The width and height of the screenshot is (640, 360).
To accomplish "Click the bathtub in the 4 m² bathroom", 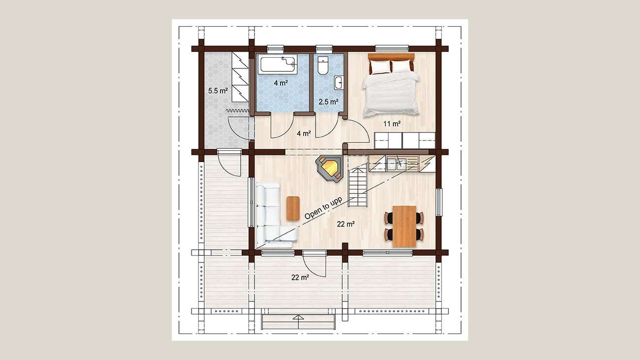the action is click(x=278, y=64).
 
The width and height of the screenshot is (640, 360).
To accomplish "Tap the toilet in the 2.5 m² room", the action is click(x=323, y=65).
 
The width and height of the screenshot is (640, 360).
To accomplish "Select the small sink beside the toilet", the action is click(x=339, y=83).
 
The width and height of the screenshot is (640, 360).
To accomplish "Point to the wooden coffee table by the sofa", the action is click(x=293, y=208).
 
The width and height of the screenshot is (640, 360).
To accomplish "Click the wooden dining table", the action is click(x=404, y=226).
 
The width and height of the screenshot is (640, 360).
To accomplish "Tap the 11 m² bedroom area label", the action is click(x=392, y=124).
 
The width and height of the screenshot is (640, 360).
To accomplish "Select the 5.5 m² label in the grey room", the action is click(x=218, y=91).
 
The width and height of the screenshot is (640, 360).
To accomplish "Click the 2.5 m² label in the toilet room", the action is click(x=328, y=102).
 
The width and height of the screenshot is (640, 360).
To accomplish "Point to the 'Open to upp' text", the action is click(x=323, y=208).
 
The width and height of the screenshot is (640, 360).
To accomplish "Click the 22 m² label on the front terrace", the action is click(x=300, y=277).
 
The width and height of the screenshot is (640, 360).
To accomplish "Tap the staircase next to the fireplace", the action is click(x=357, y=187).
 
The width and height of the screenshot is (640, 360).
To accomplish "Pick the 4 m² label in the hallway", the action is click(x=304, y=133).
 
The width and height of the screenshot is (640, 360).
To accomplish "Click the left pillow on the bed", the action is click(x=380, y=67).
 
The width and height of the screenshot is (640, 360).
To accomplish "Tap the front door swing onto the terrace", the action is click(x=314, y=265).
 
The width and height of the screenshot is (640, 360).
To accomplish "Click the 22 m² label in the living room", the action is click(x=346, y=224).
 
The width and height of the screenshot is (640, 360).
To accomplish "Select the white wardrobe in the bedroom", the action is click(x=405, y=140).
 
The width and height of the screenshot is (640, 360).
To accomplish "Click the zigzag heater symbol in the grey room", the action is click(x=238, y=111).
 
